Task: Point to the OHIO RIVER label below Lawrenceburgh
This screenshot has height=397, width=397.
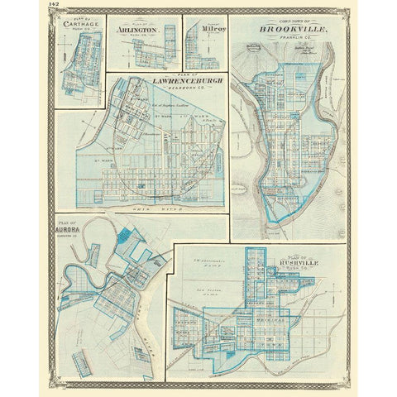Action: [x=178, y=212]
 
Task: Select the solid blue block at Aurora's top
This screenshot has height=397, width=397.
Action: [x=126, y=236]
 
